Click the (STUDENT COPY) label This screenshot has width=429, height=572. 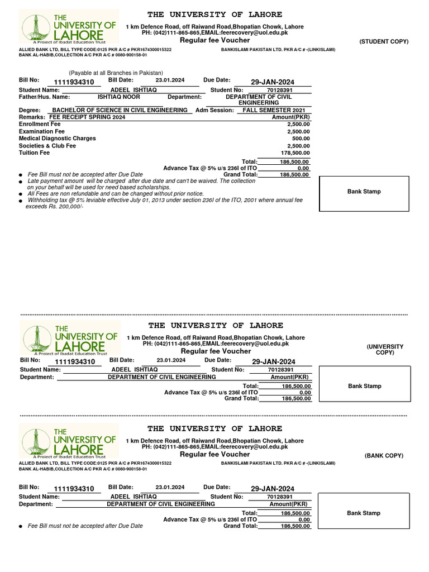point(384,42)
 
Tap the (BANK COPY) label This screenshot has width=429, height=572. point(384,456)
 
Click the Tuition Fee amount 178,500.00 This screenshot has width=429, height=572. point(295,153)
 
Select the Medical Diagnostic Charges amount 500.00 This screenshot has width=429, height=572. point(301,139)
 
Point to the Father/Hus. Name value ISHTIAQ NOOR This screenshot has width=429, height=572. point(119,97)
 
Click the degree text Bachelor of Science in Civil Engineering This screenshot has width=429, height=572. point(120,111)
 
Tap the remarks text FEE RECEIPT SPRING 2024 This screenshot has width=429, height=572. point(87,117)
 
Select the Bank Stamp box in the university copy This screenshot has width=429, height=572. point(364,387)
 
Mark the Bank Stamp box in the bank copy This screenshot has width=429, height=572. point(364,513)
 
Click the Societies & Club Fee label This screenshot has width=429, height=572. point(47,146)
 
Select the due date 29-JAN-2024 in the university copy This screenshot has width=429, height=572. point(273,362)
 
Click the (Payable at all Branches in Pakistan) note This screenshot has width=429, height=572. point(116,73)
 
